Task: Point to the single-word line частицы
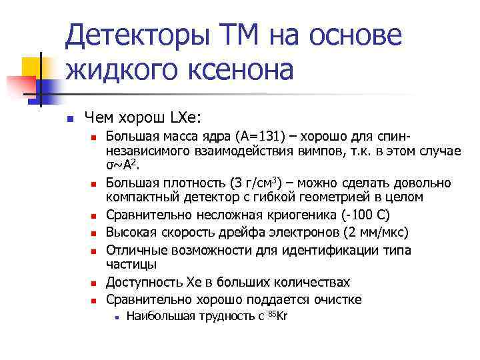click(x=128, y=263)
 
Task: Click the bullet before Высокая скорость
click(x=94, y=233)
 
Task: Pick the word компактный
click(x=141, y=198)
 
